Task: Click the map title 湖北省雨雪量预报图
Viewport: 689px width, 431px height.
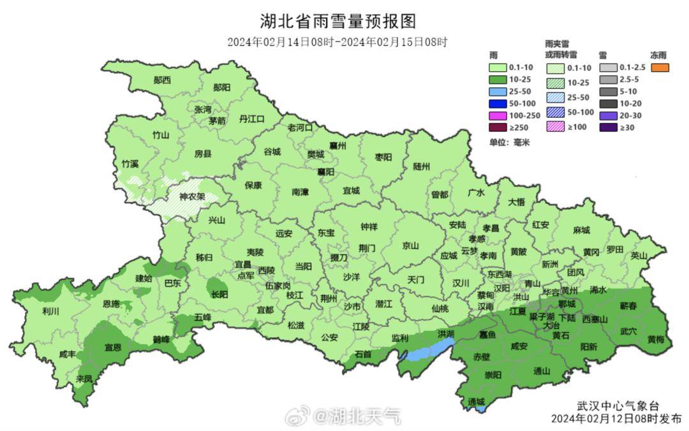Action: [x=337, y=21]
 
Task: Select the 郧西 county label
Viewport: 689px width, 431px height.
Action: [x=162, y=80]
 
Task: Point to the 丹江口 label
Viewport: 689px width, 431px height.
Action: [x=251, y=119]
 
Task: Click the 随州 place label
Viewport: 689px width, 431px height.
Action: [x=422, y=166]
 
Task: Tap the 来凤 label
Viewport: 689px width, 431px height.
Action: [x=84, y=379]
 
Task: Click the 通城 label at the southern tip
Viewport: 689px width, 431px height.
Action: [x=476, y=401]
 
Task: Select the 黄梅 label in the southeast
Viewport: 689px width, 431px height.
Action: [x=656, y=339]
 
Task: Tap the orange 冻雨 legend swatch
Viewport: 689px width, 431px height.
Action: [x=660, y=68]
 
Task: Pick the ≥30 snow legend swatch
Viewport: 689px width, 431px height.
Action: [x=609, y=127]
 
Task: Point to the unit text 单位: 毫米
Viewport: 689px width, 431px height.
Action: [x=510, y=142]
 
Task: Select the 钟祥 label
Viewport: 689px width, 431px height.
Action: [x=369, y=226]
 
